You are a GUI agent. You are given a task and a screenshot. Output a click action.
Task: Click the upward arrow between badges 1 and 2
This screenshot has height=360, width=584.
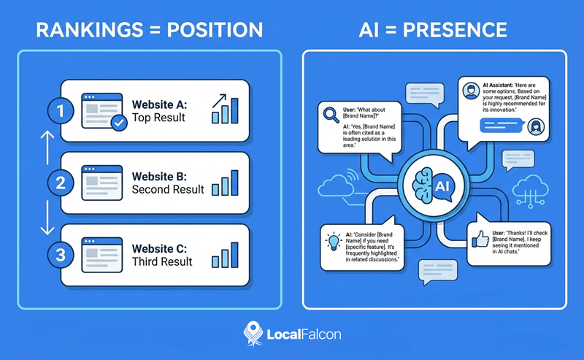(x=45, y=146)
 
